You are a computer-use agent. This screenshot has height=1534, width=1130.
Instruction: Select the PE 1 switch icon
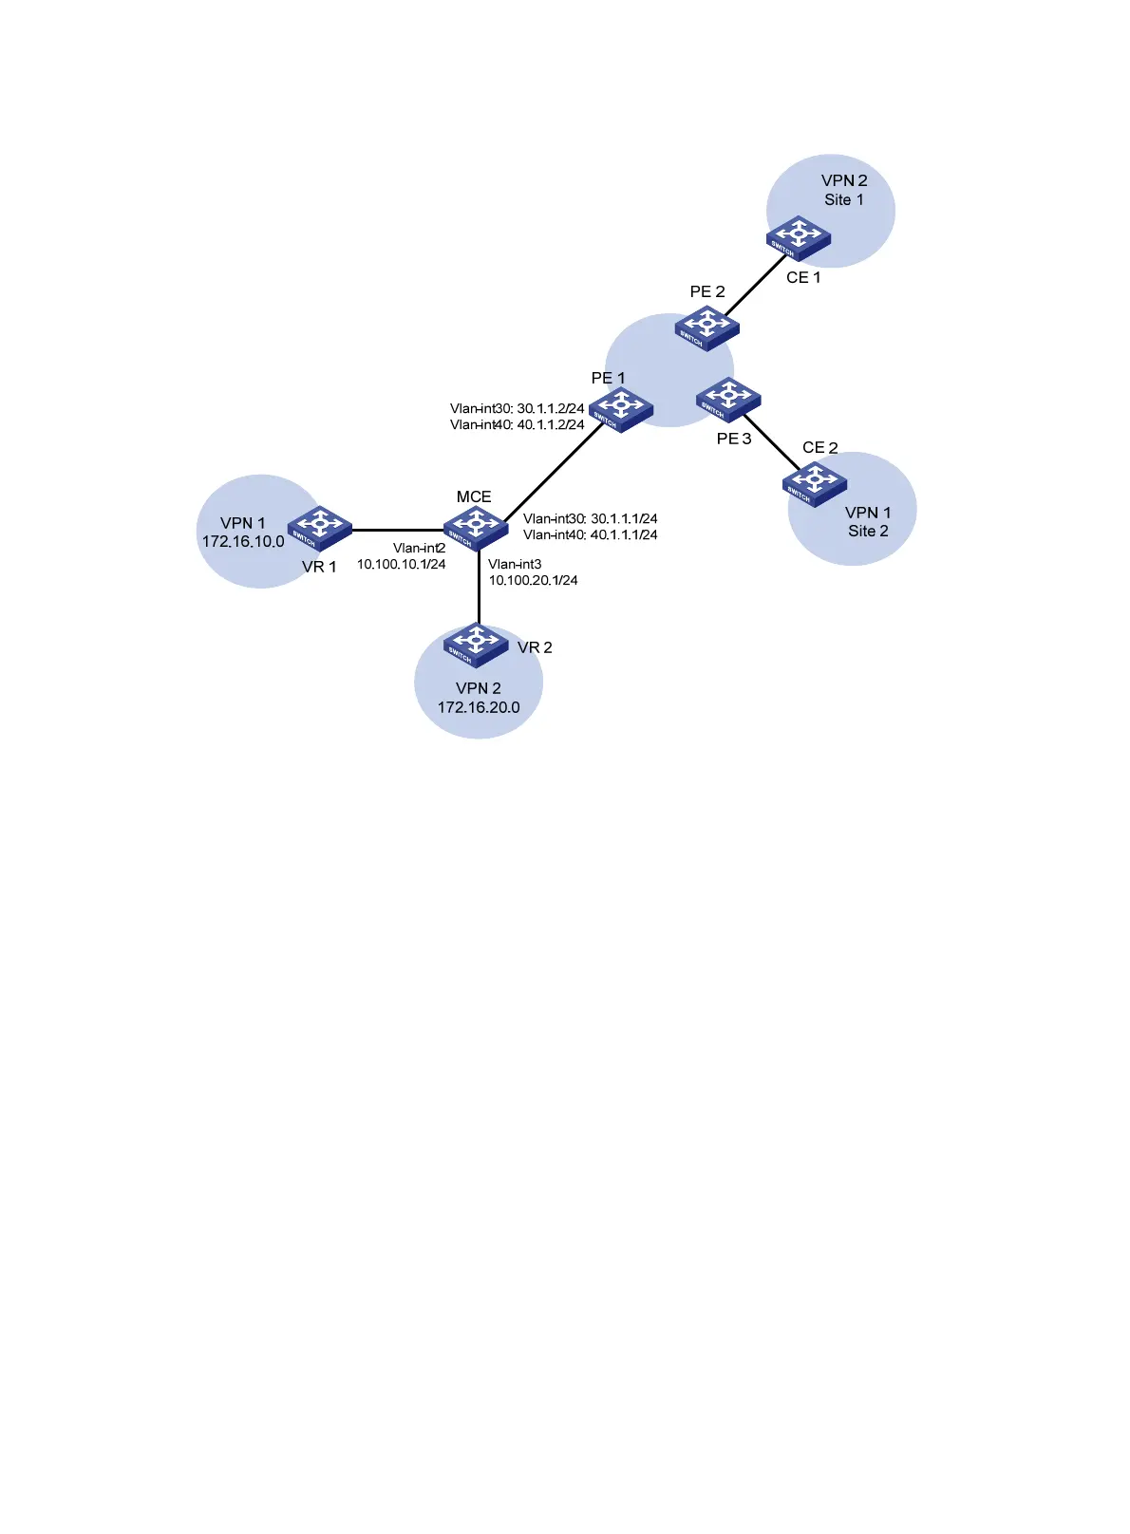[621, 409]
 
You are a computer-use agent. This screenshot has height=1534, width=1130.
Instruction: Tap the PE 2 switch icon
[706, 327]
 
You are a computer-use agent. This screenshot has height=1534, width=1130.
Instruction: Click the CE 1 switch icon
[799, 238]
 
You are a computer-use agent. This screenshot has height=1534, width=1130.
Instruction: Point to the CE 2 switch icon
[814, 484]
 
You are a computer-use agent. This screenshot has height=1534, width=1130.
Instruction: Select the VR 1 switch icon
[320, 528]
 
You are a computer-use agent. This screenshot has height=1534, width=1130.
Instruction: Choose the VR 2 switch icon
[476, 645]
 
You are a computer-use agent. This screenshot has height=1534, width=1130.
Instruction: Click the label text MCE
[474, 497]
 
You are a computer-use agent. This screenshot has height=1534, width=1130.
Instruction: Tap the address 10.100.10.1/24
[401, 564]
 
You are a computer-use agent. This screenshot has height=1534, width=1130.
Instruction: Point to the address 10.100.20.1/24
[533, 580]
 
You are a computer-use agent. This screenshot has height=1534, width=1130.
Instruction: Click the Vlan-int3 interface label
[515, 564]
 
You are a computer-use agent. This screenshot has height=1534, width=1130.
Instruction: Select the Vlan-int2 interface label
[419, 549]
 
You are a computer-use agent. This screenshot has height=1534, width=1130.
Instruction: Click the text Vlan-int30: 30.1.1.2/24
[517, 409]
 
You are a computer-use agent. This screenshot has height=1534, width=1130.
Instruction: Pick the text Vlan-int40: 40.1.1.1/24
[590, 535]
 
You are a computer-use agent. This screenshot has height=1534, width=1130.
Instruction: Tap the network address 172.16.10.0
[243, 542]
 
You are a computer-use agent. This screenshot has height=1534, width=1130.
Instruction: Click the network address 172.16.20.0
[479, 707]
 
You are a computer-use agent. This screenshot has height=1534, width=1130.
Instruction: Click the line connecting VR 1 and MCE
[397, 530]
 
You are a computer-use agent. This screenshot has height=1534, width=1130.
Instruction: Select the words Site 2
[868, 532]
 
